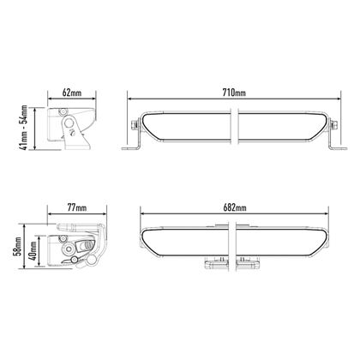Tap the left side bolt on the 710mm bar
click(x=134, y=125)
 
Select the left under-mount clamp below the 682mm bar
click(x=213, y=263)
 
